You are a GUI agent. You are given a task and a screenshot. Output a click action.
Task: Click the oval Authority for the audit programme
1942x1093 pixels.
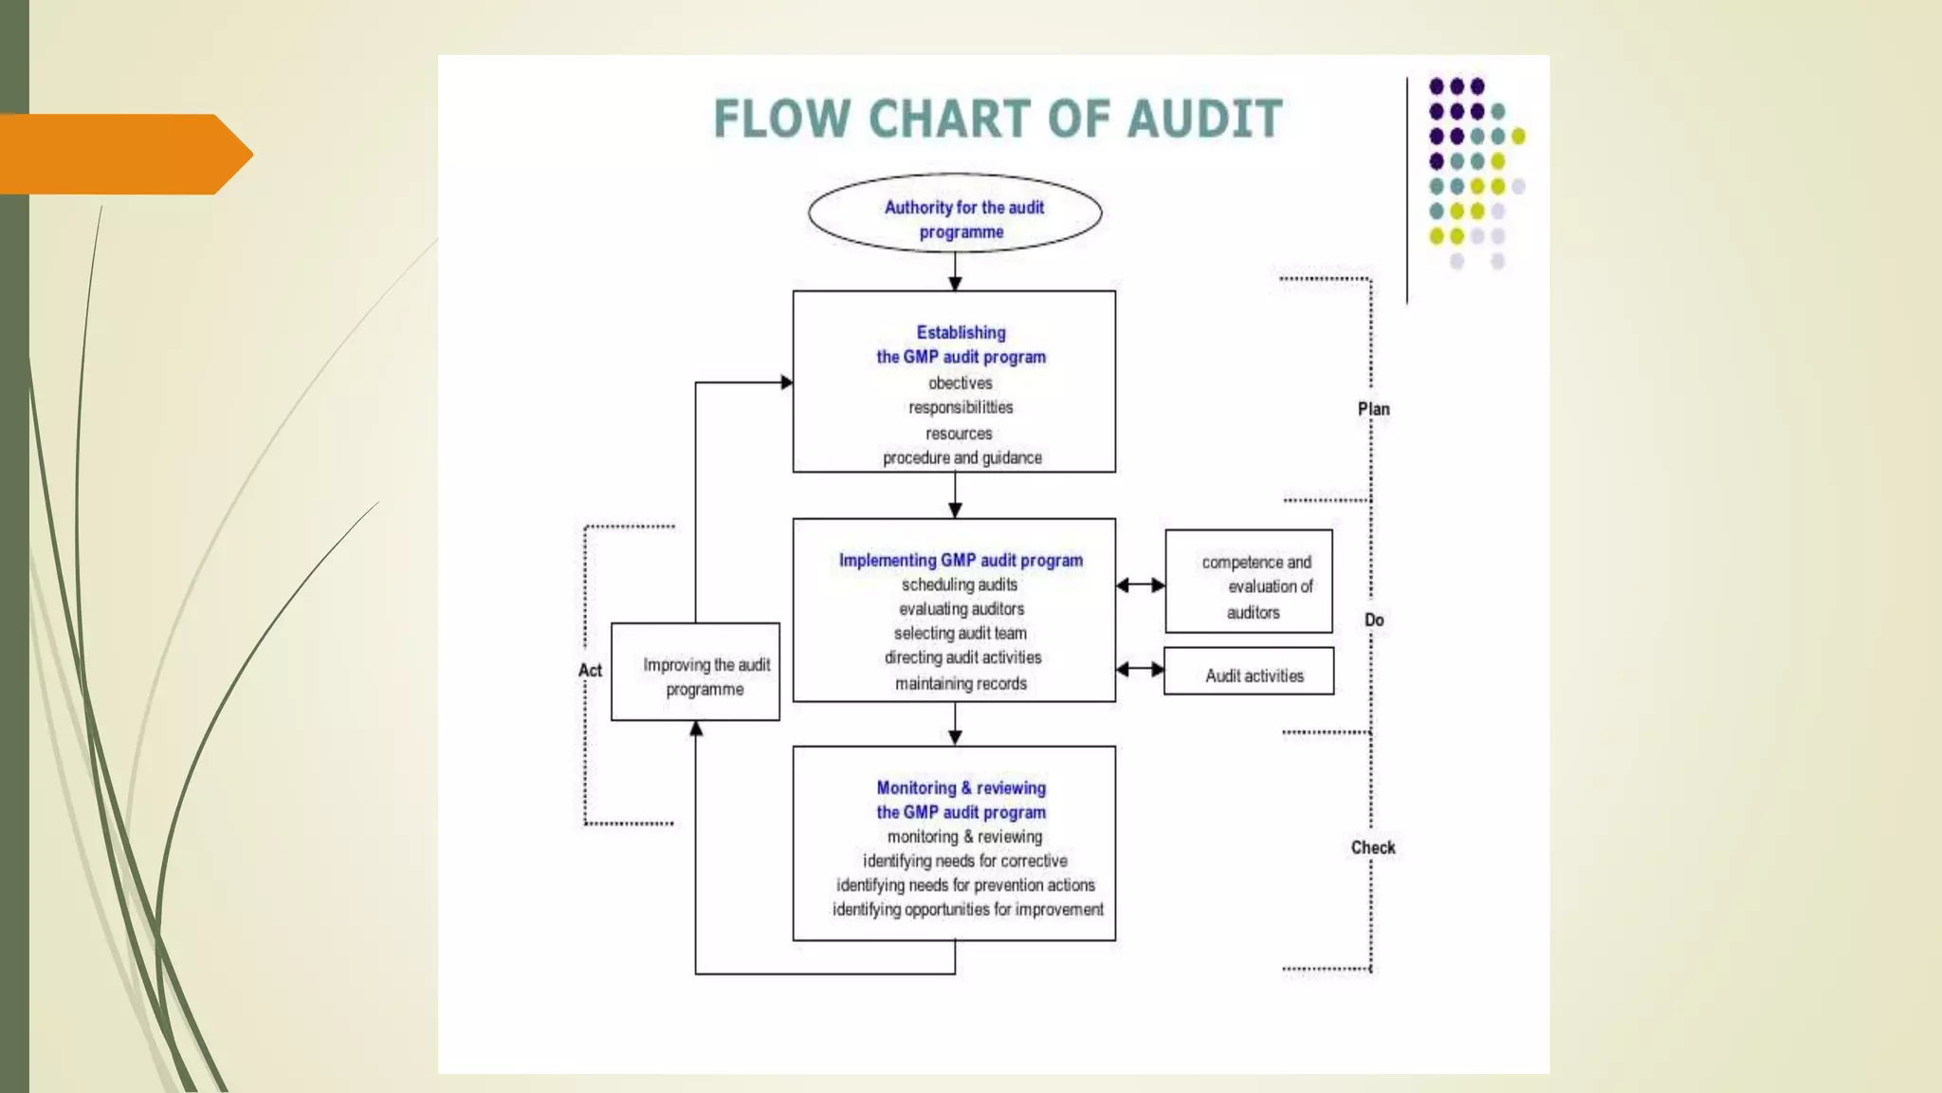[x=955, y=213]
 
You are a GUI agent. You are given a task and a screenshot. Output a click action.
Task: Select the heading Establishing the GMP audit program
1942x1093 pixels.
[x=961, y=344]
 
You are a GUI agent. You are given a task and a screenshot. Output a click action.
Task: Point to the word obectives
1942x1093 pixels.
[x=960, y=383]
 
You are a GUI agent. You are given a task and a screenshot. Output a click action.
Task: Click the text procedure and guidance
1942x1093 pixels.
[x=962, y=458]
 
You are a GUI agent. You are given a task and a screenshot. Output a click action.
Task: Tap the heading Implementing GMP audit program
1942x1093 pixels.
[x=961, y=561]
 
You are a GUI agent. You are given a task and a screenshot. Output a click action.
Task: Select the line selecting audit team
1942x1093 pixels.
[x=960, y=633]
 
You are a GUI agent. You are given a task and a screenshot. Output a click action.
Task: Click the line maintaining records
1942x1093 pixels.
[x=961, y=683]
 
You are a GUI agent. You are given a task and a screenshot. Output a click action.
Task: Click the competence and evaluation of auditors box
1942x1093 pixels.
[x=1248, y=582]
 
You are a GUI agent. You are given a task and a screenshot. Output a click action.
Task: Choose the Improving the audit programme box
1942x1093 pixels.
[x=695, y=672]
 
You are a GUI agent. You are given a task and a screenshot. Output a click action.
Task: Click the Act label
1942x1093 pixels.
[x=590, y=671]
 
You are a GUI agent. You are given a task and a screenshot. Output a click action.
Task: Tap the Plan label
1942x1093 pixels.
[x=1373, y=409]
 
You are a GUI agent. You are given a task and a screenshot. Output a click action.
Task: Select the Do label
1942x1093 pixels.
[x=1374, y=621]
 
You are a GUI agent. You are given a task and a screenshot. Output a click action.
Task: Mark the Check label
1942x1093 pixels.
[x=1372, y=847]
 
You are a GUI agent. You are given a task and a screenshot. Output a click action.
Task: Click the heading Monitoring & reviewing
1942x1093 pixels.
[x=961, y=788]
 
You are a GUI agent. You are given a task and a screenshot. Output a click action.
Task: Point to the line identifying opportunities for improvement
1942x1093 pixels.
[x=967, y=910]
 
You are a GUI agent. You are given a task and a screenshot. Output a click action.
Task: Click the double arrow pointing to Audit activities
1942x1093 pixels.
[x=1140, y=670]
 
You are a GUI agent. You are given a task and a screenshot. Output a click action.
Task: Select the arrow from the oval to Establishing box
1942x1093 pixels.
[x=955, y=272]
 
